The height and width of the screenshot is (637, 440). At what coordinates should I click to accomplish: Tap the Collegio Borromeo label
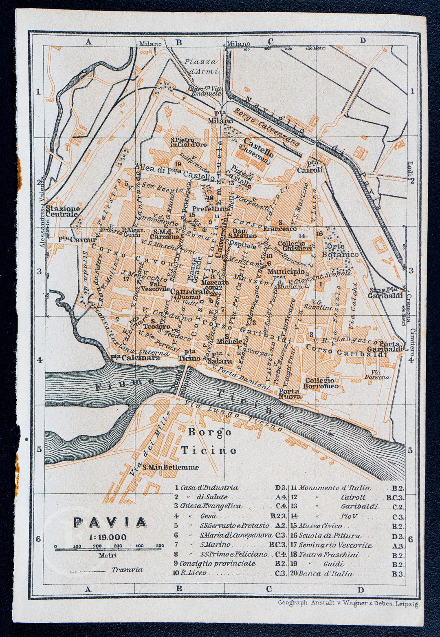pos(321,383)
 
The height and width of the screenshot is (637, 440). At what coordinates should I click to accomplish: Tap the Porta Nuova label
pos(290,394)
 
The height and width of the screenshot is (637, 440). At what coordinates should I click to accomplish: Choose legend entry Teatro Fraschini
pos(329,555)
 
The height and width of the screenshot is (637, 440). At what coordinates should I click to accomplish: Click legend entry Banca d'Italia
pos(326,573)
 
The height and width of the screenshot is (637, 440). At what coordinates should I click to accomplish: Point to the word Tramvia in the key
pos(127,570)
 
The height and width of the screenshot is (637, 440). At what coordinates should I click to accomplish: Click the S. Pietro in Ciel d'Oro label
pos(189,142)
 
